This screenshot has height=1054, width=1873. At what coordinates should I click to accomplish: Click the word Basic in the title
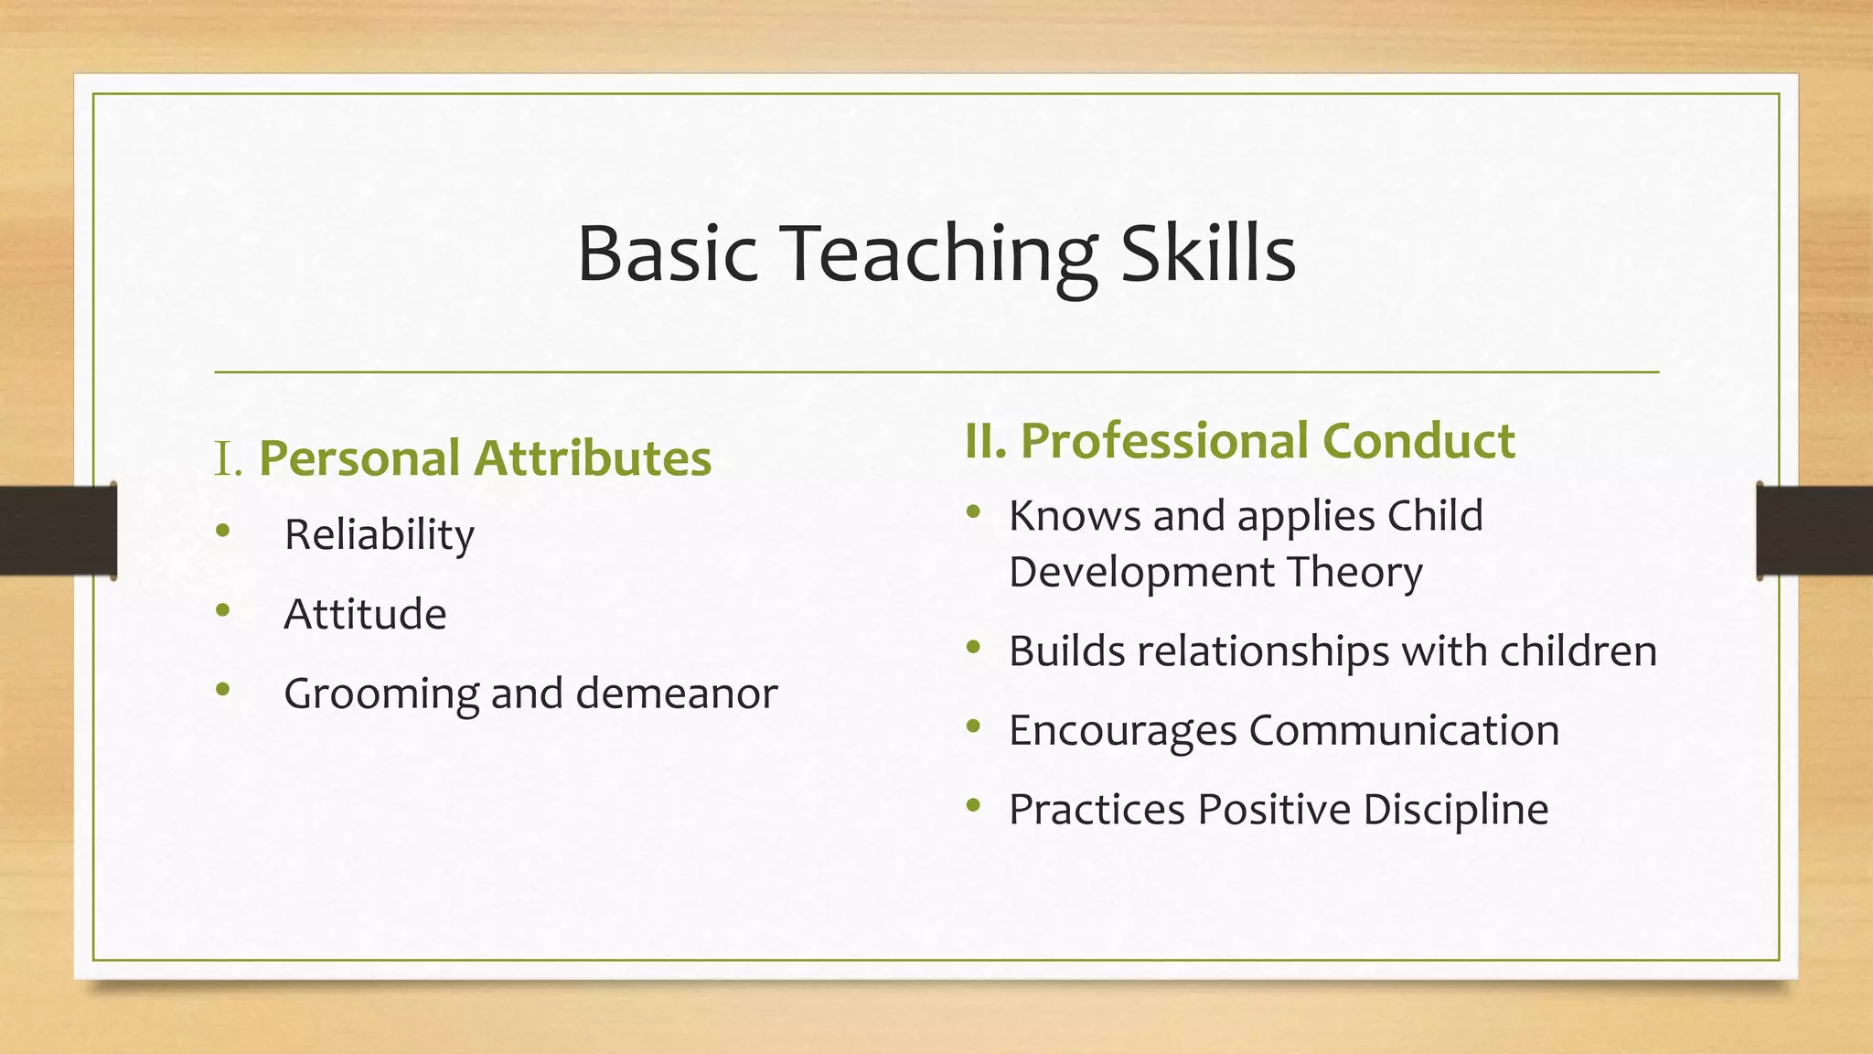pyautogui.click(x=668, y=253)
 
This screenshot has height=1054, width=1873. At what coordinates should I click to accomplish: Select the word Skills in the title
pyautogui.click(x=1208, y=253)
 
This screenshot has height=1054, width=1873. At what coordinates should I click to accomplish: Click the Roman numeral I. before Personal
pyautogui.click(x=228, y=458)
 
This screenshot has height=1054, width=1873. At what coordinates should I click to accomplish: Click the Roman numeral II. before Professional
pyautogui.click(x=986, y=441)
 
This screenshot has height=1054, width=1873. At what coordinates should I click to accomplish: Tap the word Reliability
pyautogui.click(x=379, y=535)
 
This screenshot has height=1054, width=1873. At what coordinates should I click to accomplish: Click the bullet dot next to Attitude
pyautogui.click(x=223, y=610)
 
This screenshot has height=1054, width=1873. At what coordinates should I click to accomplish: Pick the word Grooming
pyautogui.click(x=380, y=694)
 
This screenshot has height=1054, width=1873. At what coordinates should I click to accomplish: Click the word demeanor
pyautogui.click(x=677, y=694)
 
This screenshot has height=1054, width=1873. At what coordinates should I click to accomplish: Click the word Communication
pyautogui.click(x=1404, y=730)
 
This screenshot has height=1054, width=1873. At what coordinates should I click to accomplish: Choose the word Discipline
pyautogui.click(x=1456, y=810)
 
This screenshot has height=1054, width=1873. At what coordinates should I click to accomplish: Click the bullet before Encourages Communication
pyautogui.click(x=973, y=727)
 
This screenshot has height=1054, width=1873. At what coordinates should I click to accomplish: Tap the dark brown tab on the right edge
pyautogui.click(x=1814, y=531)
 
